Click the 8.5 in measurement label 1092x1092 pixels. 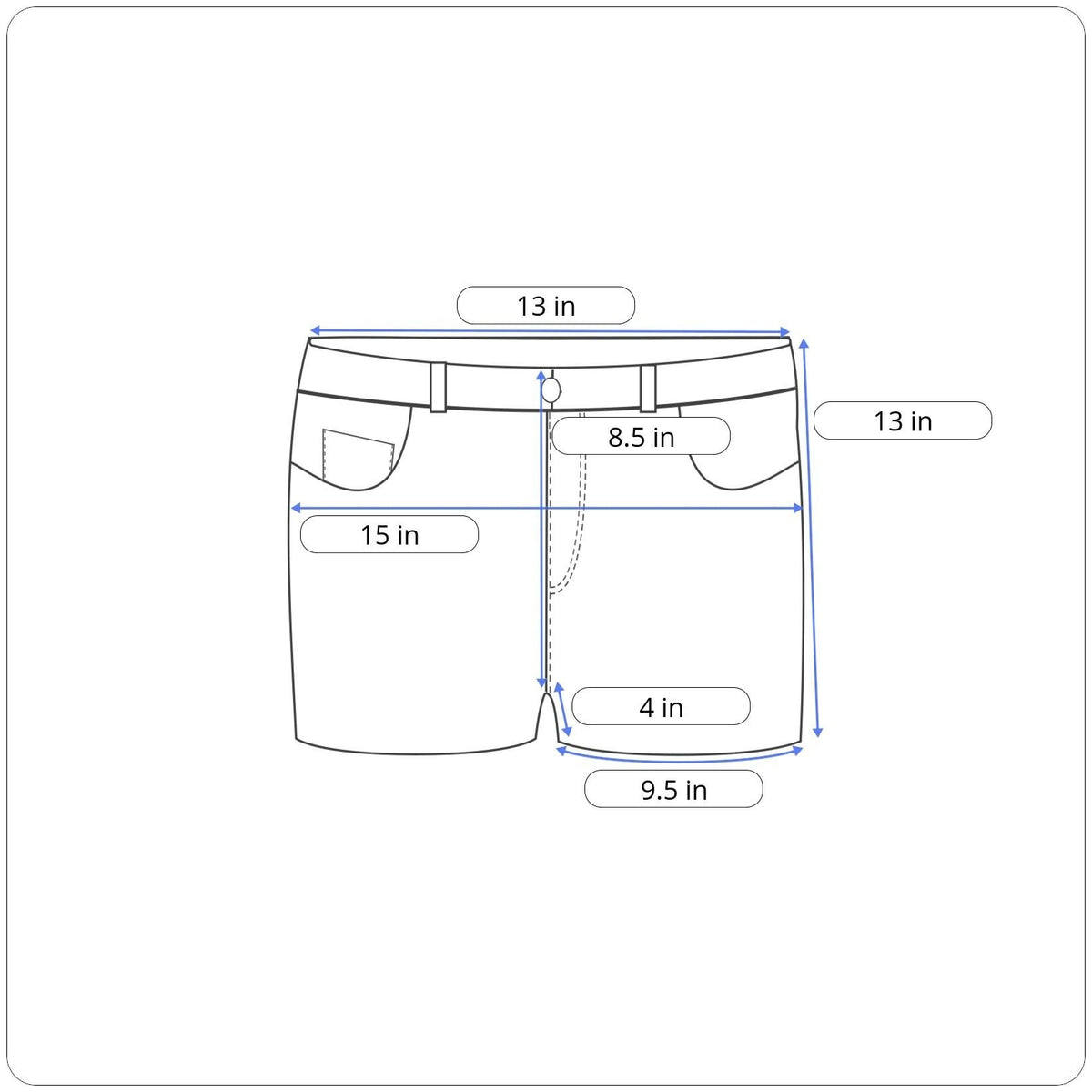point(641,437)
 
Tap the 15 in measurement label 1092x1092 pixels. point(389,535)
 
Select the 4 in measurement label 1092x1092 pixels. point(661,707)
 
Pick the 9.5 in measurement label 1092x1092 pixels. point(673,790)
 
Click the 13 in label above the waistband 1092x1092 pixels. point(546,306)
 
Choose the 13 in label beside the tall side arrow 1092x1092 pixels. point(903,421)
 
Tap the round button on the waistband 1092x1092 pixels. point(551,389)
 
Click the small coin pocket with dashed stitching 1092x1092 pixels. point(359,454)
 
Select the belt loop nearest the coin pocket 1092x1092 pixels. point(438,387)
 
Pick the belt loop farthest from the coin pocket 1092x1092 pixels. point(648,389)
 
